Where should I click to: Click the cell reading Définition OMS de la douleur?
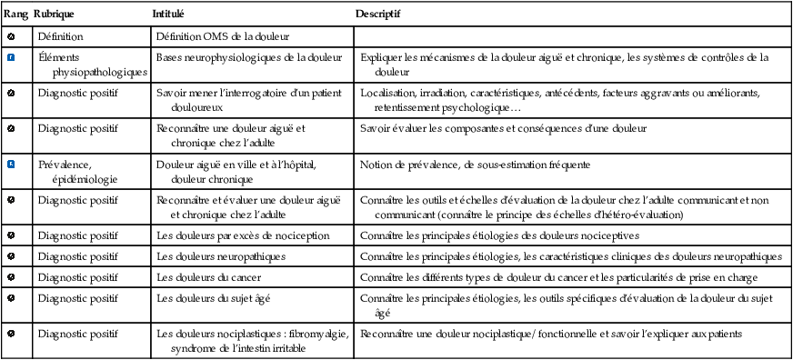[222, 36]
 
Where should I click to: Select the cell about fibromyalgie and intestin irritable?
[251, 340]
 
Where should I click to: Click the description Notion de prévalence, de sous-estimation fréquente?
[475, 165]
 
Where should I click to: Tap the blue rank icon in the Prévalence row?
[11, 165]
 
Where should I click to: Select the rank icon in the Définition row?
[11, 36]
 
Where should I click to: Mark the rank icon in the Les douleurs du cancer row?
[11, 276]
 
